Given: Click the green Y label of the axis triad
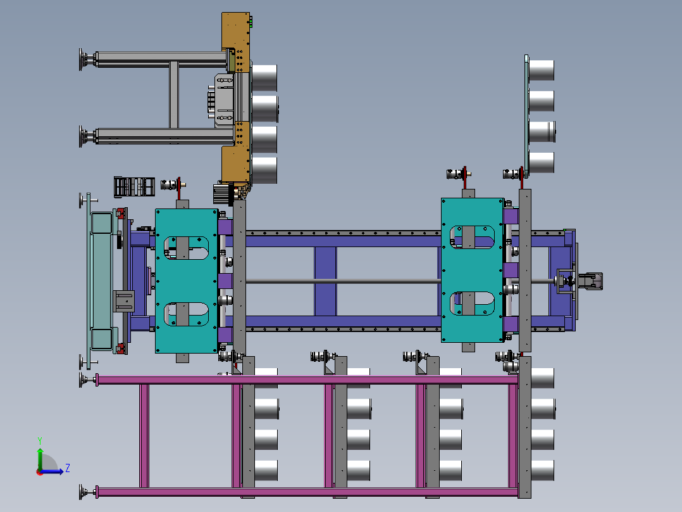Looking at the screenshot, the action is (40, 441).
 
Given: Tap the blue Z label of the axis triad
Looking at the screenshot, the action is (68, 468).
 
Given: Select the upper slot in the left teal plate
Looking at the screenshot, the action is (186, 248).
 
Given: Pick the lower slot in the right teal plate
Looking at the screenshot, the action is (472, 304).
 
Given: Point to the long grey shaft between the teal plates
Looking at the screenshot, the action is (344, 281).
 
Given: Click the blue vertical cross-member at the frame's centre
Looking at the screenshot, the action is (325, 281).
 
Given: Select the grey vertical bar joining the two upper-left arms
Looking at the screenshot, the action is (174, 94).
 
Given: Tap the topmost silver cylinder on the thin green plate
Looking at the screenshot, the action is (542, 70).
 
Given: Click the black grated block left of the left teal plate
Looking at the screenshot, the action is (134, 186).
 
